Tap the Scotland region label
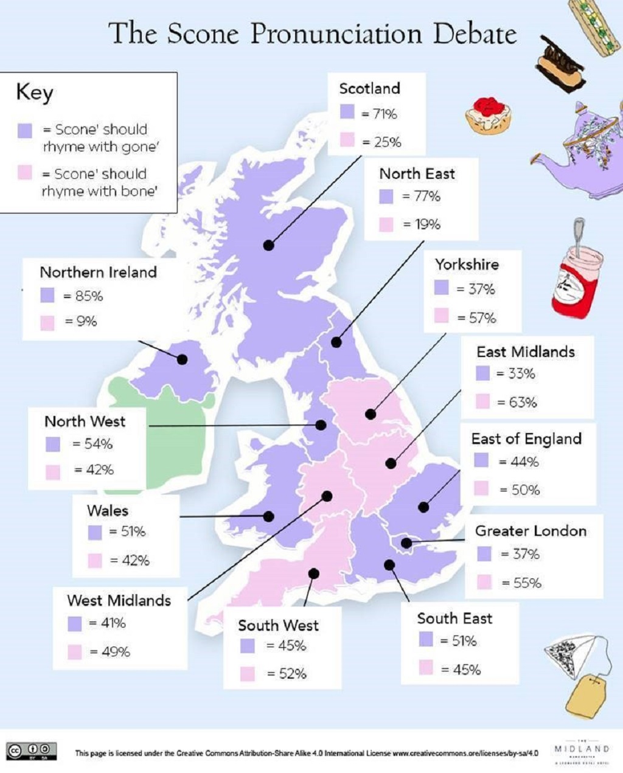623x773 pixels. [x=369, y=88]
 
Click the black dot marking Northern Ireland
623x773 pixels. [x=182, y=359]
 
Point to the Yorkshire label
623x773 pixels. [x=467, y=265]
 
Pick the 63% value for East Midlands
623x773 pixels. [x=521, y=402]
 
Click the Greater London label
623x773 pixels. [x=531, y=531]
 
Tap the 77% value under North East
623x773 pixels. [x=427, y=196]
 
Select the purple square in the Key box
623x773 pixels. [x=25, y=130]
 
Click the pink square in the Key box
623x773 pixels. [x=25, y=173]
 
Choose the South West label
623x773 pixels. [x=278, y=625]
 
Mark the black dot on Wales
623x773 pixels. [x=268, y=516]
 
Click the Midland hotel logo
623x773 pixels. [x=582, y=752]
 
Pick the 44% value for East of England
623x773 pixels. [x=524, y=462]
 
